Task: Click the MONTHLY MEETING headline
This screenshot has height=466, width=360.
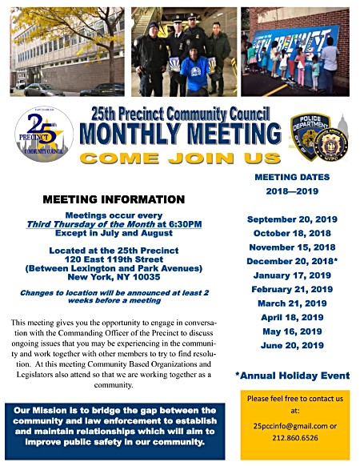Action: tap(183, 132)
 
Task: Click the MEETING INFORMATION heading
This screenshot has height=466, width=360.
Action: tap(114, 199)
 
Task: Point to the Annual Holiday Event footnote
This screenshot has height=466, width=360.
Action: tap(290, 375)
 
